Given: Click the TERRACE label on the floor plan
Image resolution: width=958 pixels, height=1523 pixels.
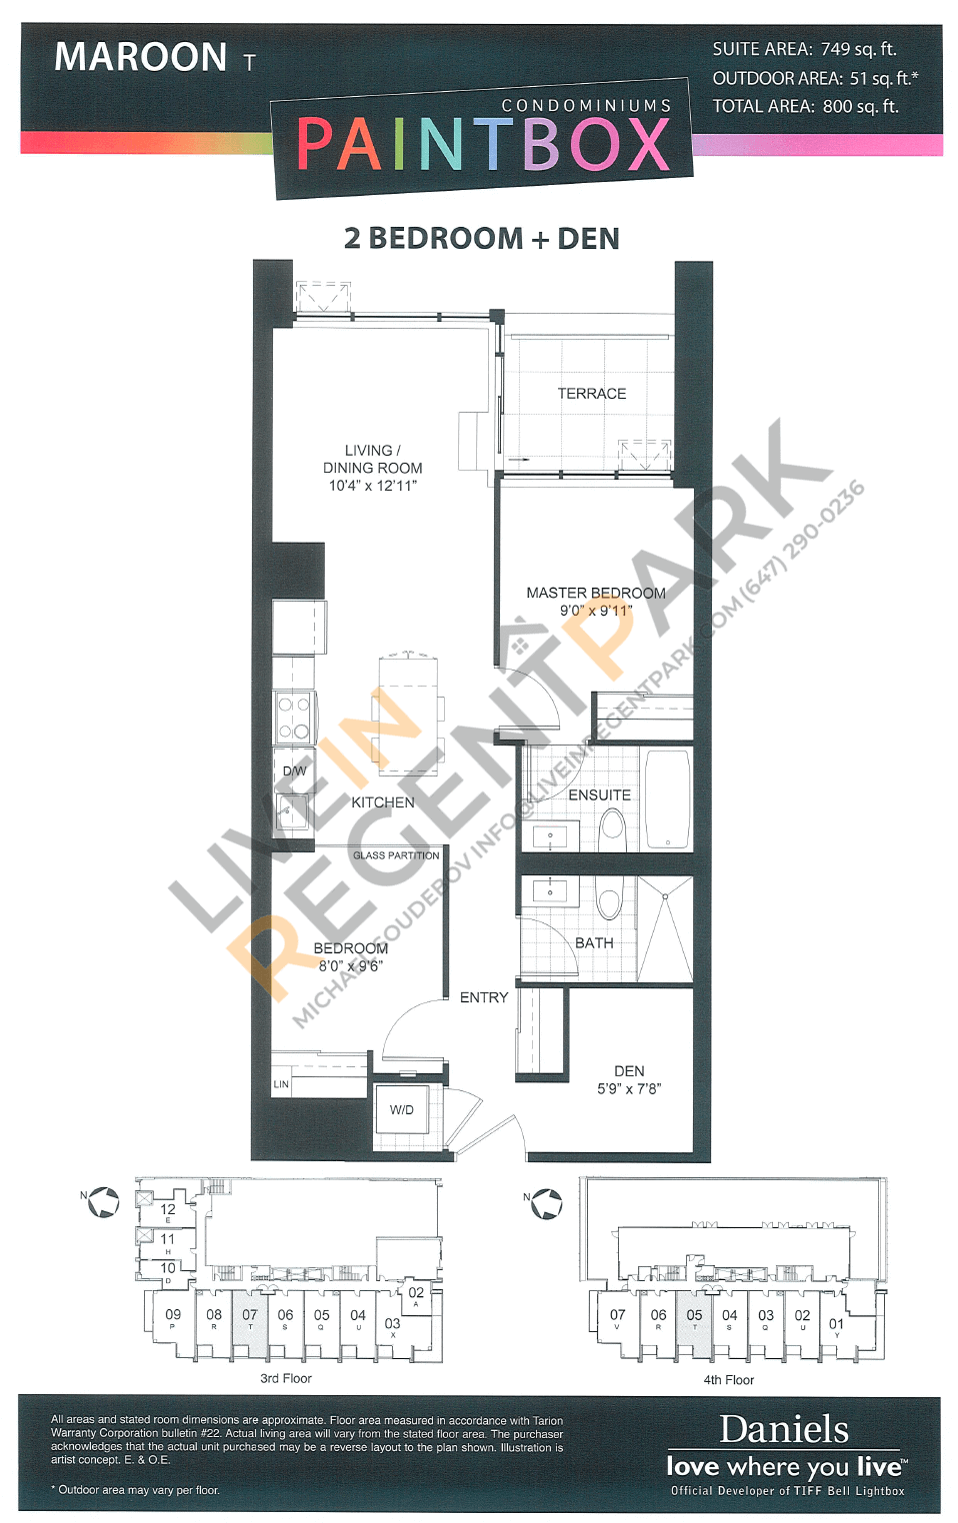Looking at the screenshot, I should [591, 394].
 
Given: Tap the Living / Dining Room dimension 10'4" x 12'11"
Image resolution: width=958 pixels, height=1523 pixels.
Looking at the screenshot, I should [372, 486].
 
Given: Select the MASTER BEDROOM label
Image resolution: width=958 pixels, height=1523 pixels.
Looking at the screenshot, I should [595, 593].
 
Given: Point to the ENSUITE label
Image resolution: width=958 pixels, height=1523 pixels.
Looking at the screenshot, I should [599, 795].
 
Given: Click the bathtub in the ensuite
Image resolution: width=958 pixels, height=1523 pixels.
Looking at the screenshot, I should [667, 798].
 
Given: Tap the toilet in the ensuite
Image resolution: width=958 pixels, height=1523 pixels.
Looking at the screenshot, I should [612, 826].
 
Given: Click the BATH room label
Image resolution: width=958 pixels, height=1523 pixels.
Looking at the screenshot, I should [594, 942].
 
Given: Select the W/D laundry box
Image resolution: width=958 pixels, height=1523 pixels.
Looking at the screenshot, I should [402, 1110].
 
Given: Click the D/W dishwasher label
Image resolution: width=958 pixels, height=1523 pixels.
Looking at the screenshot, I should [294, 770].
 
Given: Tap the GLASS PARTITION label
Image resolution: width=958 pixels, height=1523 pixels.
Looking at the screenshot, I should [396, 855].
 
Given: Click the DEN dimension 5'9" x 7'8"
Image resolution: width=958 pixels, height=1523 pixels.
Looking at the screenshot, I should [629, 1089].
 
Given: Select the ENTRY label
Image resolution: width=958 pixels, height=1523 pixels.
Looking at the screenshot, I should [484, 997].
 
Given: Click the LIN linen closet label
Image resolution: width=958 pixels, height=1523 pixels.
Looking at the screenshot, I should [281, 1084].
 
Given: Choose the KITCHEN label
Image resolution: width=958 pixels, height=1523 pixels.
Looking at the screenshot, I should [382, 802].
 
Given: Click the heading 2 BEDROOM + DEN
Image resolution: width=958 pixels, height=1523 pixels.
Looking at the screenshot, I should [481, 239].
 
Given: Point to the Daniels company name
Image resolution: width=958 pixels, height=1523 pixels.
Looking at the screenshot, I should [784, 1429].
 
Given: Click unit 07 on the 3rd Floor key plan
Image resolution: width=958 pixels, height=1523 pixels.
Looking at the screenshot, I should [250, 1319].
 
